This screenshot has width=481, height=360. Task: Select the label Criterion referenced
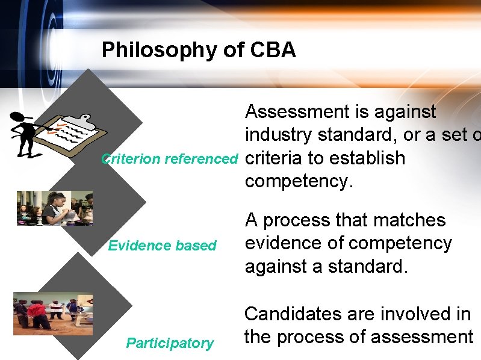click(x=170, y=160)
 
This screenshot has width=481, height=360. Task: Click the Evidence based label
click(x=162, y=246)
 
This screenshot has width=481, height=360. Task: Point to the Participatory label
click(x=170, y=344)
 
